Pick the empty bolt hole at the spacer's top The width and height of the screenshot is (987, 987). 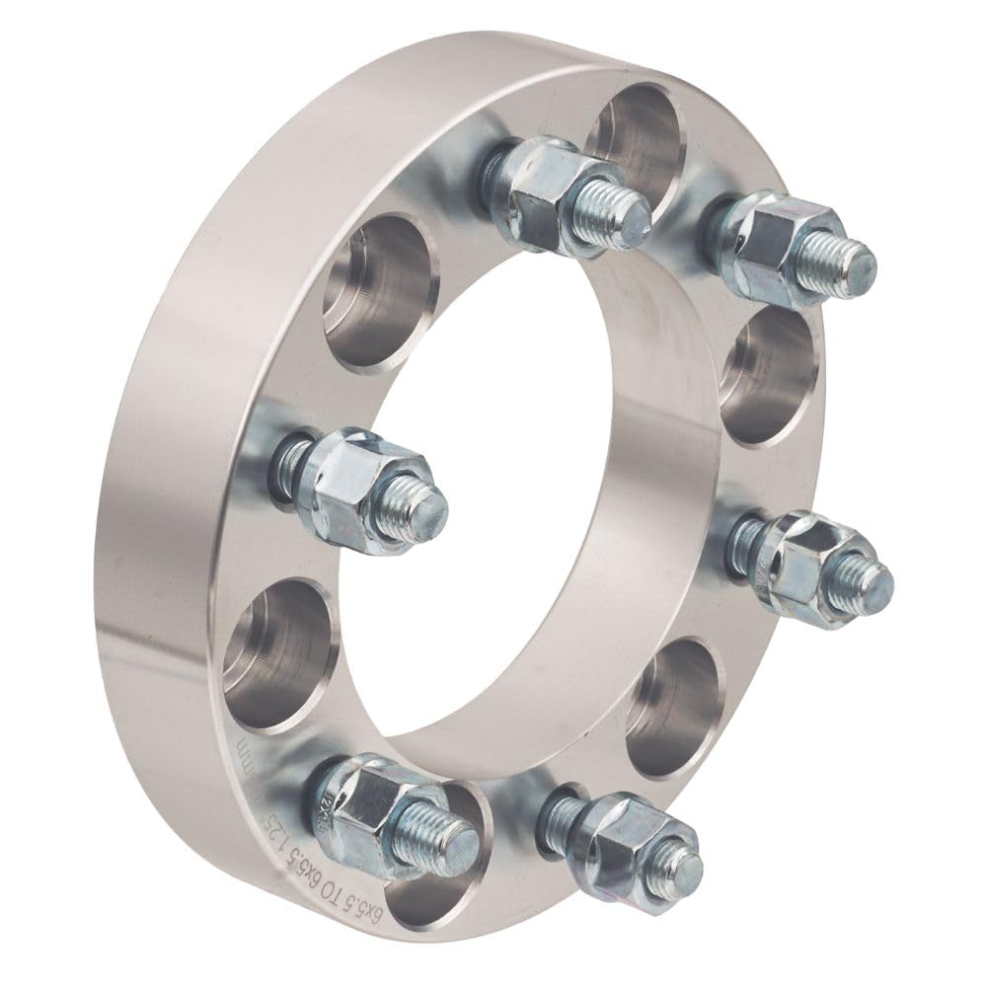click(637, 138)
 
